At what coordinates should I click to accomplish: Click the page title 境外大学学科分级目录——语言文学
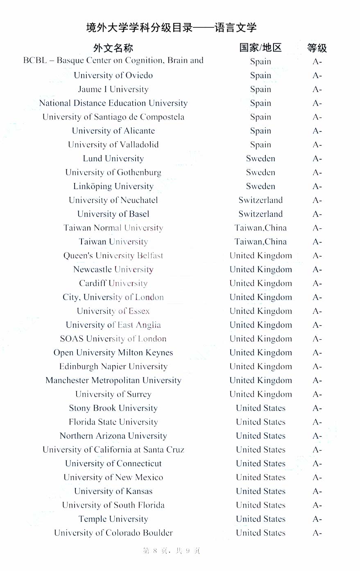tap(171, 28)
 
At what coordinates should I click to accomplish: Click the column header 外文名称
tap(113, 48)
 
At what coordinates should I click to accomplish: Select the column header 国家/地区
tap(260, 48)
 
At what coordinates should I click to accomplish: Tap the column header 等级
tap(317, 48)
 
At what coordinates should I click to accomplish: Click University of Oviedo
tap(113, 75)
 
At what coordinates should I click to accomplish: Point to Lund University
tap(113, 158)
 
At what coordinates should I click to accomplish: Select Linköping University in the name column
tap(113, 186)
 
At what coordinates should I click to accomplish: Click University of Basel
tap(113, 214)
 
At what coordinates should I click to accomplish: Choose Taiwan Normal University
tap(113, 228)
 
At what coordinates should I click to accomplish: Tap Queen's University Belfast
tap(113, 256)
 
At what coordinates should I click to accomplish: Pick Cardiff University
tap(113, 283)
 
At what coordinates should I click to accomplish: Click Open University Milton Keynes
tap(113, 352)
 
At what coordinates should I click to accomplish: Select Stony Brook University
tap(113, 408)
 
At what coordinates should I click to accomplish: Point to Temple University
tap(113, 519)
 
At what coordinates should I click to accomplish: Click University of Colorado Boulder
tap(113, 533)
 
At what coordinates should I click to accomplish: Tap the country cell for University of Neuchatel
tap(260, 200)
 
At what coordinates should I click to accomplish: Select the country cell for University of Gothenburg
tap(260, 172)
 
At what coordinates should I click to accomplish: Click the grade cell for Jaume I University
tap(317, 90)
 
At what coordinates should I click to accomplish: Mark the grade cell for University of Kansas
tap(317, 492)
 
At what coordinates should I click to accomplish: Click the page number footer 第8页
tap(171, 551)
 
